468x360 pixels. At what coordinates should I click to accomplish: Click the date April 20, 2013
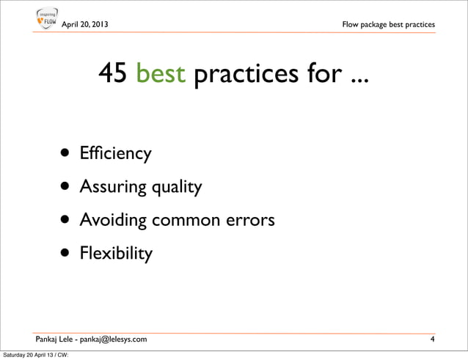[87, 25]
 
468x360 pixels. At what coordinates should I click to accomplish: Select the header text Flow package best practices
[388, 25]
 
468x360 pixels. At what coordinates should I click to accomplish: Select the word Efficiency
[116, 155]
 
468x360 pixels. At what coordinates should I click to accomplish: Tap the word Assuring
[113, 188]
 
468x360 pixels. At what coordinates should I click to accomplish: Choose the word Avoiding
[114, 221]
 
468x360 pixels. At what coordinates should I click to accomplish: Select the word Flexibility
[116, 254]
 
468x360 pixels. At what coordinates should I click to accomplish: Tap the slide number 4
[433, 338]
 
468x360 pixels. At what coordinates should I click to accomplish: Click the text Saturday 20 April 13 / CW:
[37, 355]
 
